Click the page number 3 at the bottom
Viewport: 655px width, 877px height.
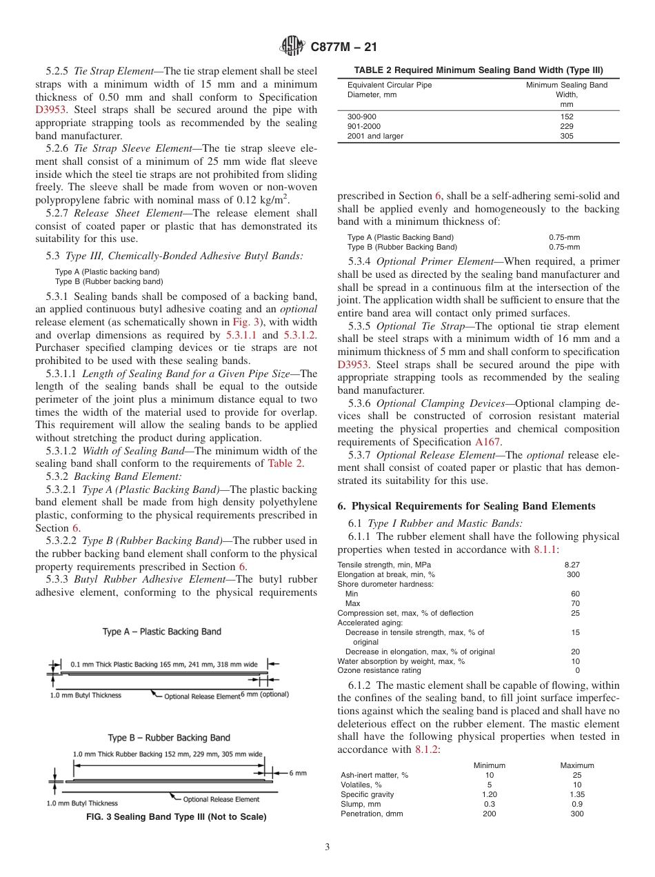327,847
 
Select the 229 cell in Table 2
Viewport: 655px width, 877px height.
567,126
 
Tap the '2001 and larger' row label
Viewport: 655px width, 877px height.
375,136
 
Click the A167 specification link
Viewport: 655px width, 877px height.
487,442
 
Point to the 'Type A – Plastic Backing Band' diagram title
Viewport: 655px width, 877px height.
162,632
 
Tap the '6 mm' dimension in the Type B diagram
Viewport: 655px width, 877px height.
297,773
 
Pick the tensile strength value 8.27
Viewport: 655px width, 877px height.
572,565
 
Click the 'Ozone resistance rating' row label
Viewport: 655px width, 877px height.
379,670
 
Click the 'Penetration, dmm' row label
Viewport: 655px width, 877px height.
372,814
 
